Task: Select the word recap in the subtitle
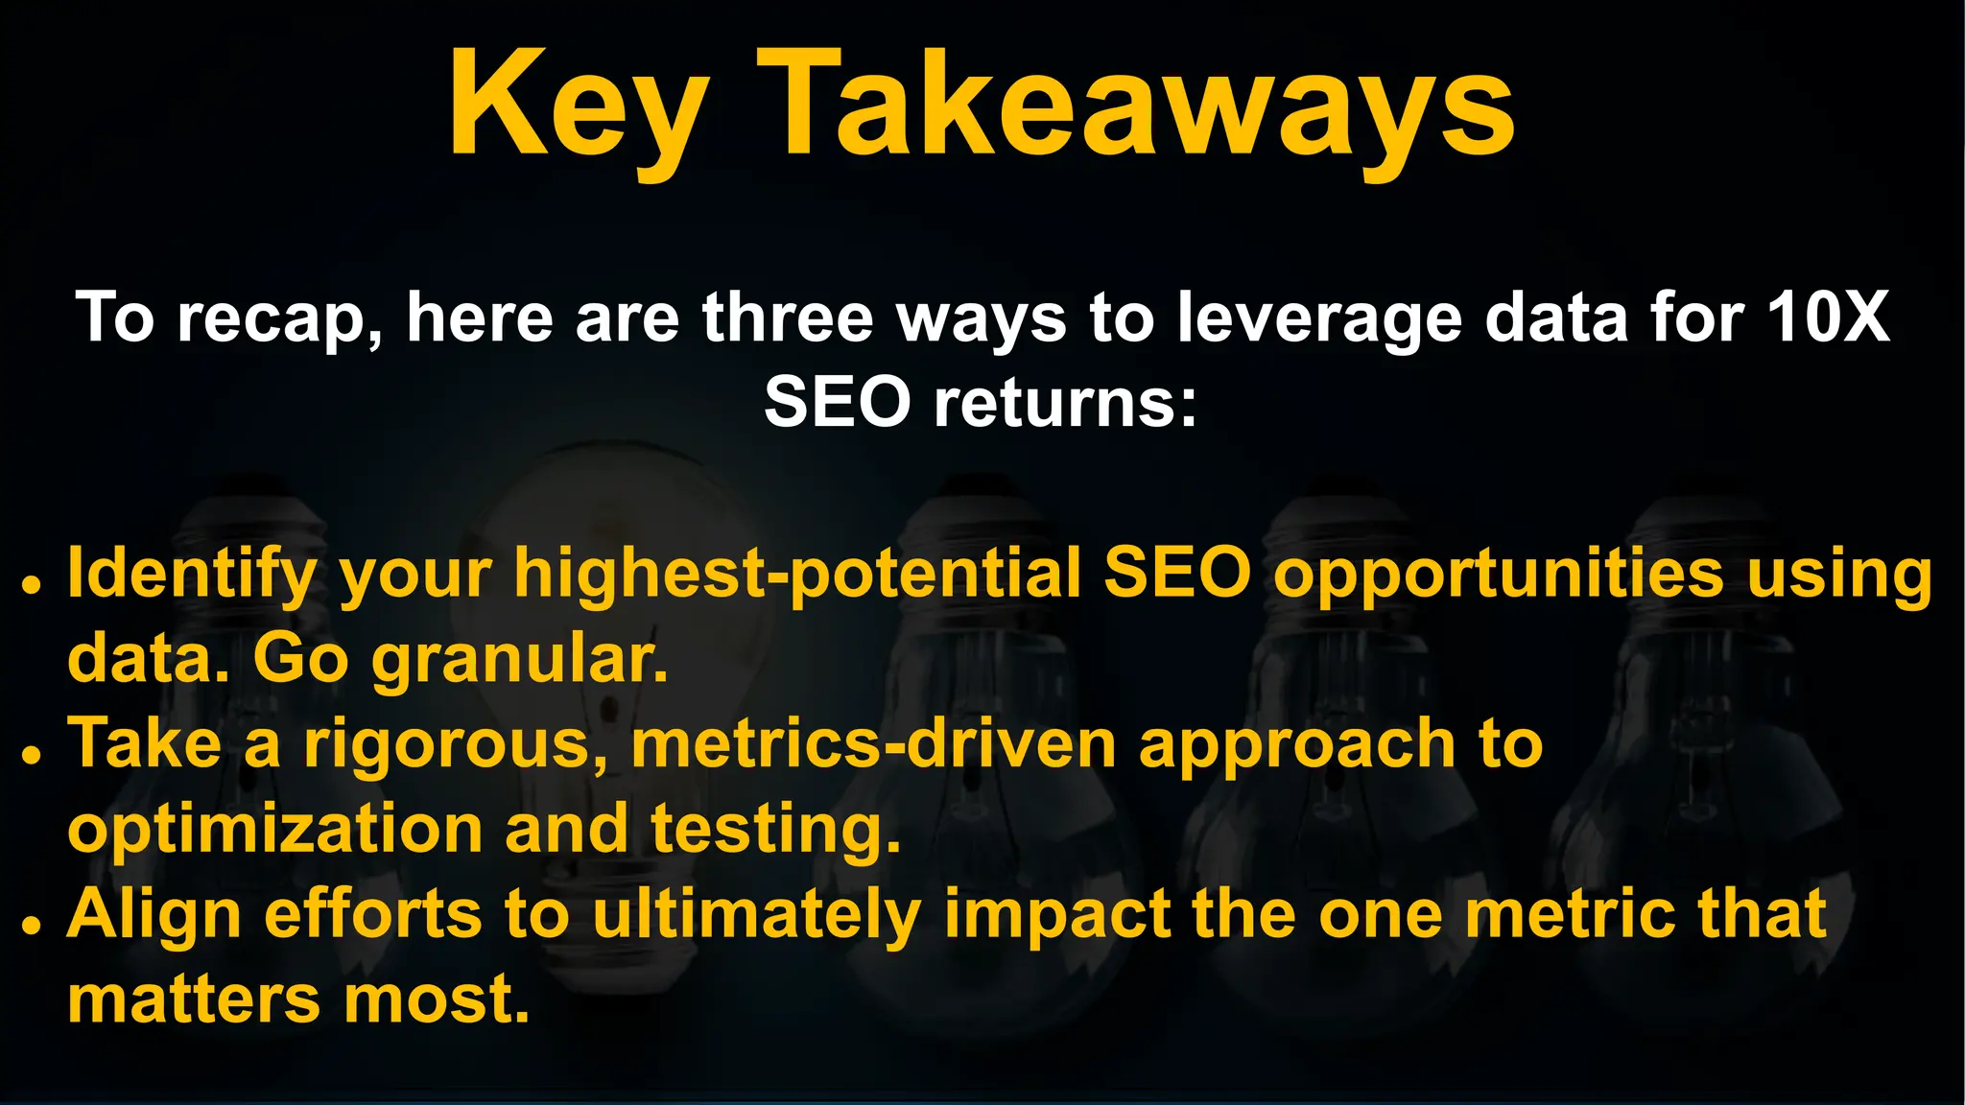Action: pos(279,318)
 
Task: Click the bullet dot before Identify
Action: pos(32,583)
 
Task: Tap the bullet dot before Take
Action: pos(32,754)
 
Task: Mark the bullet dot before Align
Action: pos(32,925)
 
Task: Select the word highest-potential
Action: pos(797,574)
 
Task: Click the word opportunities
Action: pos(1498,574)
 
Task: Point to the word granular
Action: pos(519,660)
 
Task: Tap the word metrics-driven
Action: pos(873,744)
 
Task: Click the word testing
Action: pos(775,830)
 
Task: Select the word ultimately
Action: pos(757,914)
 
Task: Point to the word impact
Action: pos(1056,914)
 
